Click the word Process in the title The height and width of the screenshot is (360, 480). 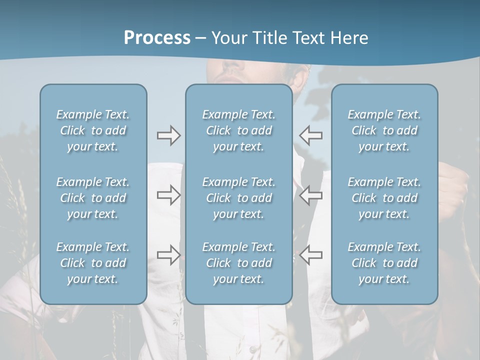157,38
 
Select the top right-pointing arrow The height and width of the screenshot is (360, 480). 168,135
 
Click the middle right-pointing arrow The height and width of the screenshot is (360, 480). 168,194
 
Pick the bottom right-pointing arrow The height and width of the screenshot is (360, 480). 168,255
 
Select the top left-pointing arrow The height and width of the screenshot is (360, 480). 311,135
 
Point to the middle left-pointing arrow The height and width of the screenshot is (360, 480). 311,194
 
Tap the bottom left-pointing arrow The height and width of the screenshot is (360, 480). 311,255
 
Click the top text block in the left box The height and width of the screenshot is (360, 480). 93,130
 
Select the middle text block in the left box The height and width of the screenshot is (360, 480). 93,198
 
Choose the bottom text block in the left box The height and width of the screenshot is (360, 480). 93,263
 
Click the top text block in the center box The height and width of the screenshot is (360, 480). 239,130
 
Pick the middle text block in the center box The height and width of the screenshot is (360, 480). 239,198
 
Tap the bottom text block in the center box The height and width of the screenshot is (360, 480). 239,263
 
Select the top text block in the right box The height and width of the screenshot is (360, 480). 384,130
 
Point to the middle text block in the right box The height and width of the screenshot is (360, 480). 384,198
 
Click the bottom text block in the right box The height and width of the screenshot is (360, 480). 384,263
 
